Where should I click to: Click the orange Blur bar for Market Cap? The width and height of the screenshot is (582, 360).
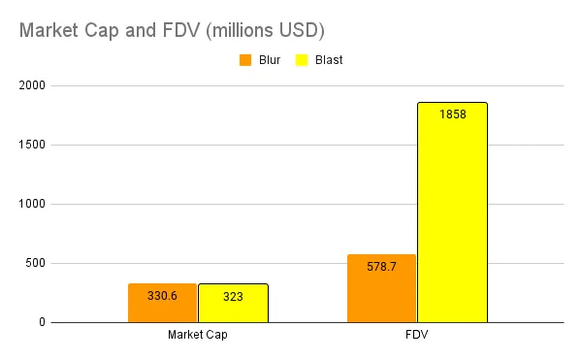pyautogui.click(x=163, y=303)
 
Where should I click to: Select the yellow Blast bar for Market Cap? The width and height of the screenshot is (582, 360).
pyautogui.click(x=233, y=303)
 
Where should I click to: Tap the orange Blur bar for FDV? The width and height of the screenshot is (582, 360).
pyautogui.click(x=381, y=288)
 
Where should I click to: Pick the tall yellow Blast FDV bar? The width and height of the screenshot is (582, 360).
pyautogui.click(x=452, y=213)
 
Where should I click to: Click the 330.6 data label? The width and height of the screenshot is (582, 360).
pyautogui.click(x=162, y=296)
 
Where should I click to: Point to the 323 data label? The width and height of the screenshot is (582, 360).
pyautogui.click(x=233, y=297)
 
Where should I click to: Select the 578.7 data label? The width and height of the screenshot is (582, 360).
pyautogui.click(x=381, y=267)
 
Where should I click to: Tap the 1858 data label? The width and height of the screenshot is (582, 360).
pyautogui.click(x=453, y=115)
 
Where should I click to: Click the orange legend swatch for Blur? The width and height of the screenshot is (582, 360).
pyautogui.click(x=245, y=60)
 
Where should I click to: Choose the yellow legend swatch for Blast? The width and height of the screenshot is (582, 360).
pyautogui.click(x=302, y=60)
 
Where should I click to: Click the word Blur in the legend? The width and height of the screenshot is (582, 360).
pyautogui.click(x=270, y=60)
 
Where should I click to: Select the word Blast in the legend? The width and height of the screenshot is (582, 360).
pyautogui.click(x=329, y=60)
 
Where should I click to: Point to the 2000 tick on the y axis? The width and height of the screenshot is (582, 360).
pyautogui.click(x=32, y=85)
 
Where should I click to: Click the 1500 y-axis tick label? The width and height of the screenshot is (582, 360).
pyautogui.click(x=32, y=145)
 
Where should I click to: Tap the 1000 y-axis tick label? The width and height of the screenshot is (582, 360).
pyautogui.click(x=32, y=204)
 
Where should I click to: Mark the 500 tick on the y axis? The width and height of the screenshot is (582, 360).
pyautogui.click(x=35, y=263)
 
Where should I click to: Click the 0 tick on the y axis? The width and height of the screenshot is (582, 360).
pyautogui.click(x=42, y=322)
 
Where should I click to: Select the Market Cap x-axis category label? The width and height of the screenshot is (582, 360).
pyautogui.click(x=198, y=335)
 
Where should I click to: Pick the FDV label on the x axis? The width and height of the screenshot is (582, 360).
pyautogui.click(x=417, y=335)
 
